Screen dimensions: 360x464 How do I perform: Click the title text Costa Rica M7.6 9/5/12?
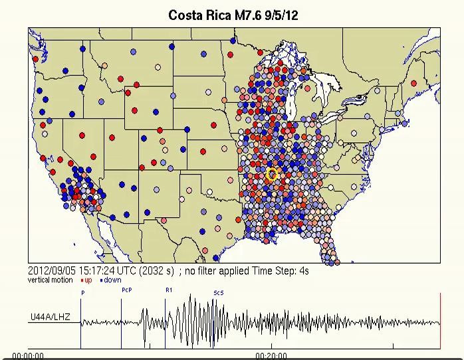pyautogui.click(x=233, y=15)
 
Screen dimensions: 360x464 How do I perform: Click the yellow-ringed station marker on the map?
pyautogui.click(x=272, y=174)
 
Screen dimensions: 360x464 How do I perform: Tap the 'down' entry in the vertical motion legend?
pyautogui.click(x=112, y=280)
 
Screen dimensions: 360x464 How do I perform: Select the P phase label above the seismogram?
pyautogui.click(x=83, y=292)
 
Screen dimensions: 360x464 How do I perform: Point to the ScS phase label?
pyautogui.click(x=218, y=292)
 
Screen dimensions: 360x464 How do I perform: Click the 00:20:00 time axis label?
pyautogui.click(x=271, y=355)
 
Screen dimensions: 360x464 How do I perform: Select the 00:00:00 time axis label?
pyautogui.click(x=28, y=355)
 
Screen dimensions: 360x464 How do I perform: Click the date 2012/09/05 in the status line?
pyautogui.click(x=50, y=271)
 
